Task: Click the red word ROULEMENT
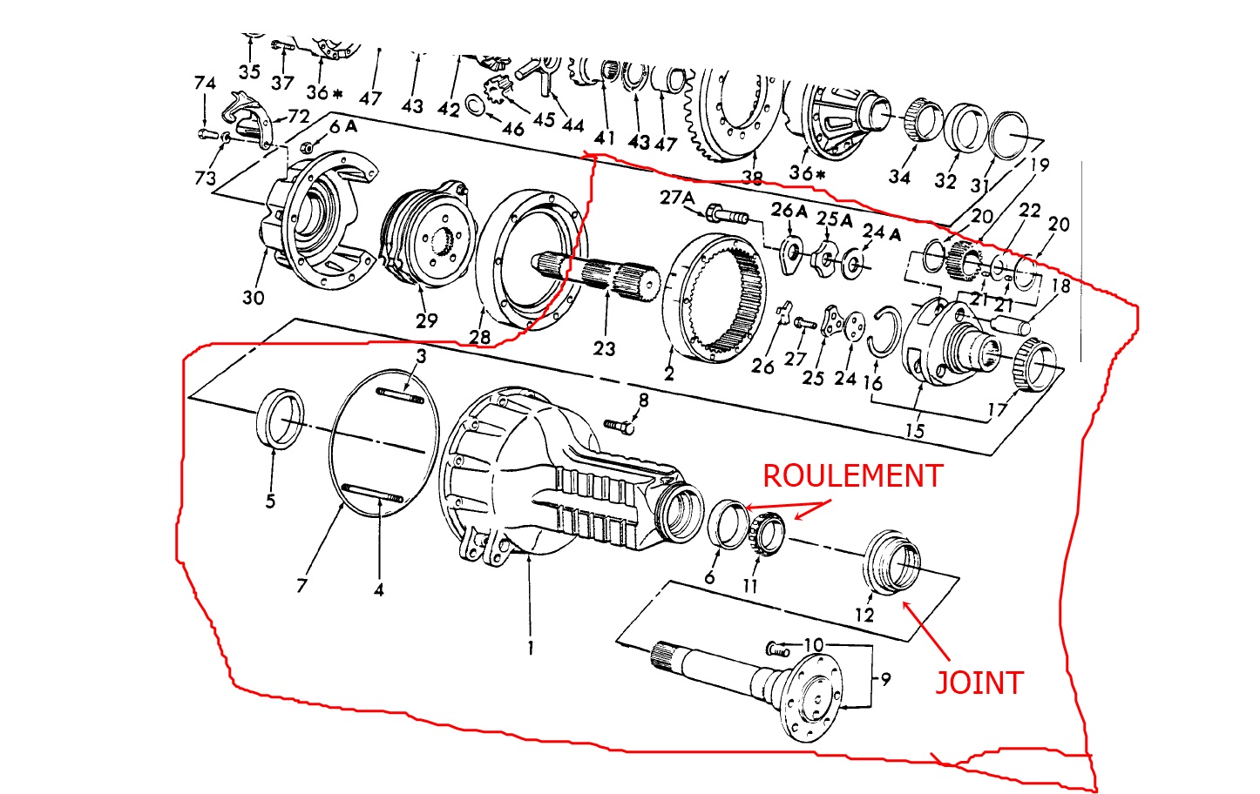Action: [852, 475]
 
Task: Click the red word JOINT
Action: [979, 683]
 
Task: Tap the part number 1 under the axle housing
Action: [530, 647]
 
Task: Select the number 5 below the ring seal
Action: [270, 501]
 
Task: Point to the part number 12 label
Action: [864, 615]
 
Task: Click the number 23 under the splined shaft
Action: [604, 348]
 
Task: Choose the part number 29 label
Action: [426, 320]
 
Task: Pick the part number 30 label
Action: [253, 298]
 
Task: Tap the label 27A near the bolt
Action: [676, 198]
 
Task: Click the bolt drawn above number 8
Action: [618, 426]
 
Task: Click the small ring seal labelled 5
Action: [279, 419]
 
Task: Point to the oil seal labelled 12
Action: [891, 562]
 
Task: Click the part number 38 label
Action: [752, 178]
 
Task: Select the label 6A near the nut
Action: [342, 126]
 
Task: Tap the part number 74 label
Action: [205, 84]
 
